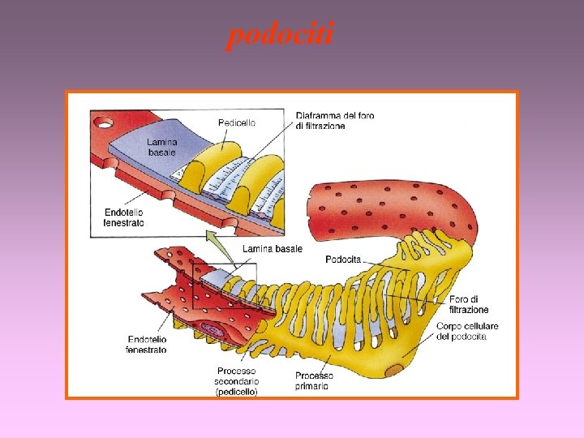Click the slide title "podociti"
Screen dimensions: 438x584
coord(280,36)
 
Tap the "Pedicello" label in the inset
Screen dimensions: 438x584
coord(237,122)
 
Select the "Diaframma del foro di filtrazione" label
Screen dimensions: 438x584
coord(335,121)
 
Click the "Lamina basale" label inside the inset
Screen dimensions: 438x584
coord(161,147)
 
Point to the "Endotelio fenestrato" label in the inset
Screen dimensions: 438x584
coord(124,217)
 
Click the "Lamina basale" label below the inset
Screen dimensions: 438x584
coord(273,248)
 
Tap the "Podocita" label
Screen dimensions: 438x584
coord(343,260)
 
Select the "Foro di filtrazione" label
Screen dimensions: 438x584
coord(469,304)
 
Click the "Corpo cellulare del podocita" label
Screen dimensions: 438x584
coord(466,332)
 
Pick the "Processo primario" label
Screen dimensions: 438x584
coord(314,380)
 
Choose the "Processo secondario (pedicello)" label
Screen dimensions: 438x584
coord(236,381)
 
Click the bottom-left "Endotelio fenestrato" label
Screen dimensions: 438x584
coord(146,344)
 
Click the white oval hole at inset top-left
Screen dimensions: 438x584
coord(104,123)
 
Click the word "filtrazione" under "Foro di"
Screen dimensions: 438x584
coord(469,310)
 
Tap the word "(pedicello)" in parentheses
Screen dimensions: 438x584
coord(236,392)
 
